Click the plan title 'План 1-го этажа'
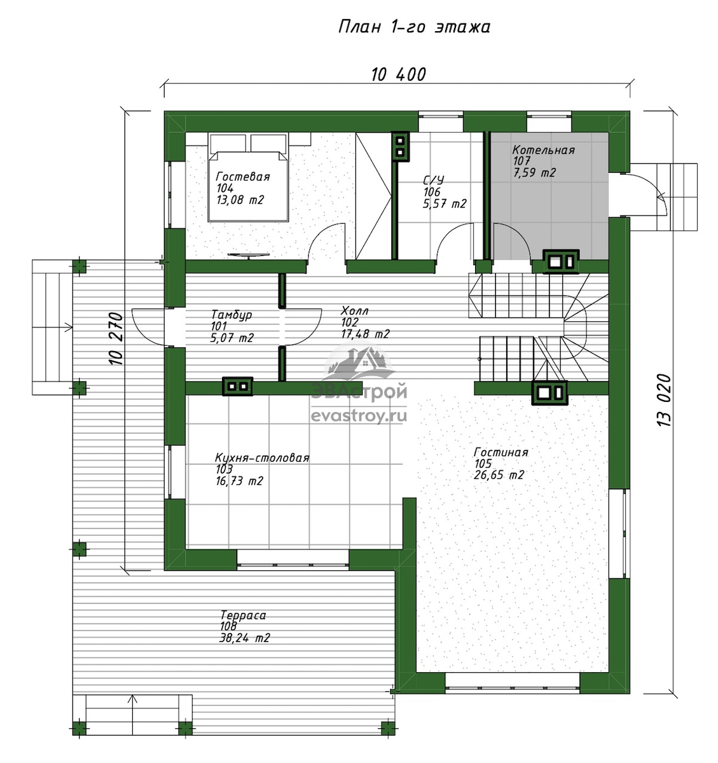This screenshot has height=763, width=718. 414,27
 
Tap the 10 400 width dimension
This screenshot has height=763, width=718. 399,74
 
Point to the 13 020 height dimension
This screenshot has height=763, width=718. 664,400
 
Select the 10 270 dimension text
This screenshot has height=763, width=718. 116,339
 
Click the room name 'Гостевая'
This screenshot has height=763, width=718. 242,177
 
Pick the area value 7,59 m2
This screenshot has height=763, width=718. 534,173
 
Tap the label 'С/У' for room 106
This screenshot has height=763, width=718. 434,180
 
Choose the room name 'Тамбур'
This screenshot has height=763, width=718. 231,315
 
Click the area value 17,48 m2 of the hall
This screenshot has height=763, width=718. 365,334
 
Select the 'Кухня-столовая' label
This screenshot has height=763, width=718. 262,458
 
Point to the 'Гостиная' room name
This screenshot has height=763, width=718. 501,452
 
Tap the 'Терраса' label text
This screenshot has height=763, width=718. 243,615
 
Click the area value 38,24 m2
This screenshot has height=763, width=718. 244,638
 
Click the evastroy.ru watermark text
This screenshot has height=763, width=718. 359,416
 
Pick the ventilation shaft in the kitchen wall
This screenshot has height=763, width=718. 238,386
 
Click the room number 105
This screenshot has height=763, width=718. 483,464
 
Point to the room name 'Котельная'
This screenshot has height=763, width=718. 544,150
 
